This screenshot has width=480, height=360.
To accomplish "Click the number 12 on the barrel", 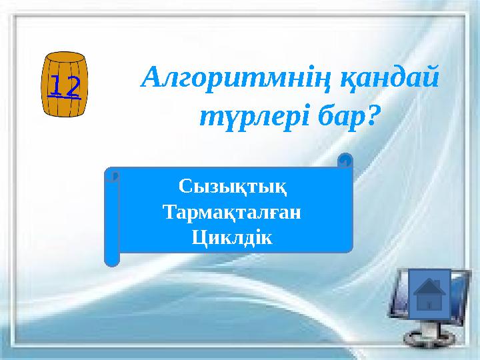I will coord(65,86).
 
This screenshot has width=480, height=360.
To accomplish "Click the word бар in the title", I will coord(336,117).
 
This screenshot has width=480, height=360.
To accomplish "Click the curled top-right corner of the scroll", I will coord(345,161).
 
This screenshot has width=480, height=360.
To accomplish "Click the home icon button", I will coord(429,294).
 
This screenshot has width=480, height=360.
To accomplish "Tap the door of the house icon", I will coord(429,305).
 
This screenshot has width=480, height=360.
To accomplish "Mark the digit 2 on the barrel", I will coord(72,86).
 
